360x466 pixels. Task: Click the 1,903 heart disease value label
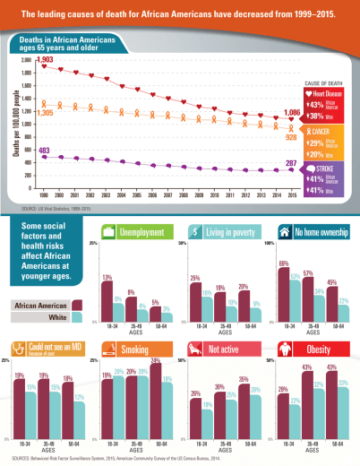click(x=21, y=58)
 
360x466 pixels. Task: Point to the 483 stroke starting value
click(x=20, y=150)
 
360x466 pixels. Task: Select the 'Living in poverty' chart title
click(x=230, y=232)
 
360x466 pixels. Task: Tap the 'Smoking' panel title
click(x=134, y=348)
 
